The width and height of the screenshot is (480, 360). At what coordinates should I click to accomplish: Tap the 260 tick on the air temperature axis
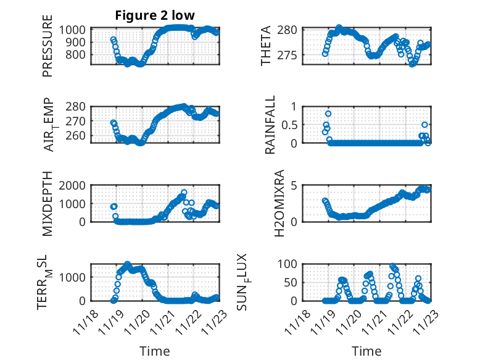[x=79, y=136]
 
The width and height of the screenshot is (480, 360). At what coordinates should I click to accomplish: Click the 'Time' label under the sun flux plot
[x=366, y=351]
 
